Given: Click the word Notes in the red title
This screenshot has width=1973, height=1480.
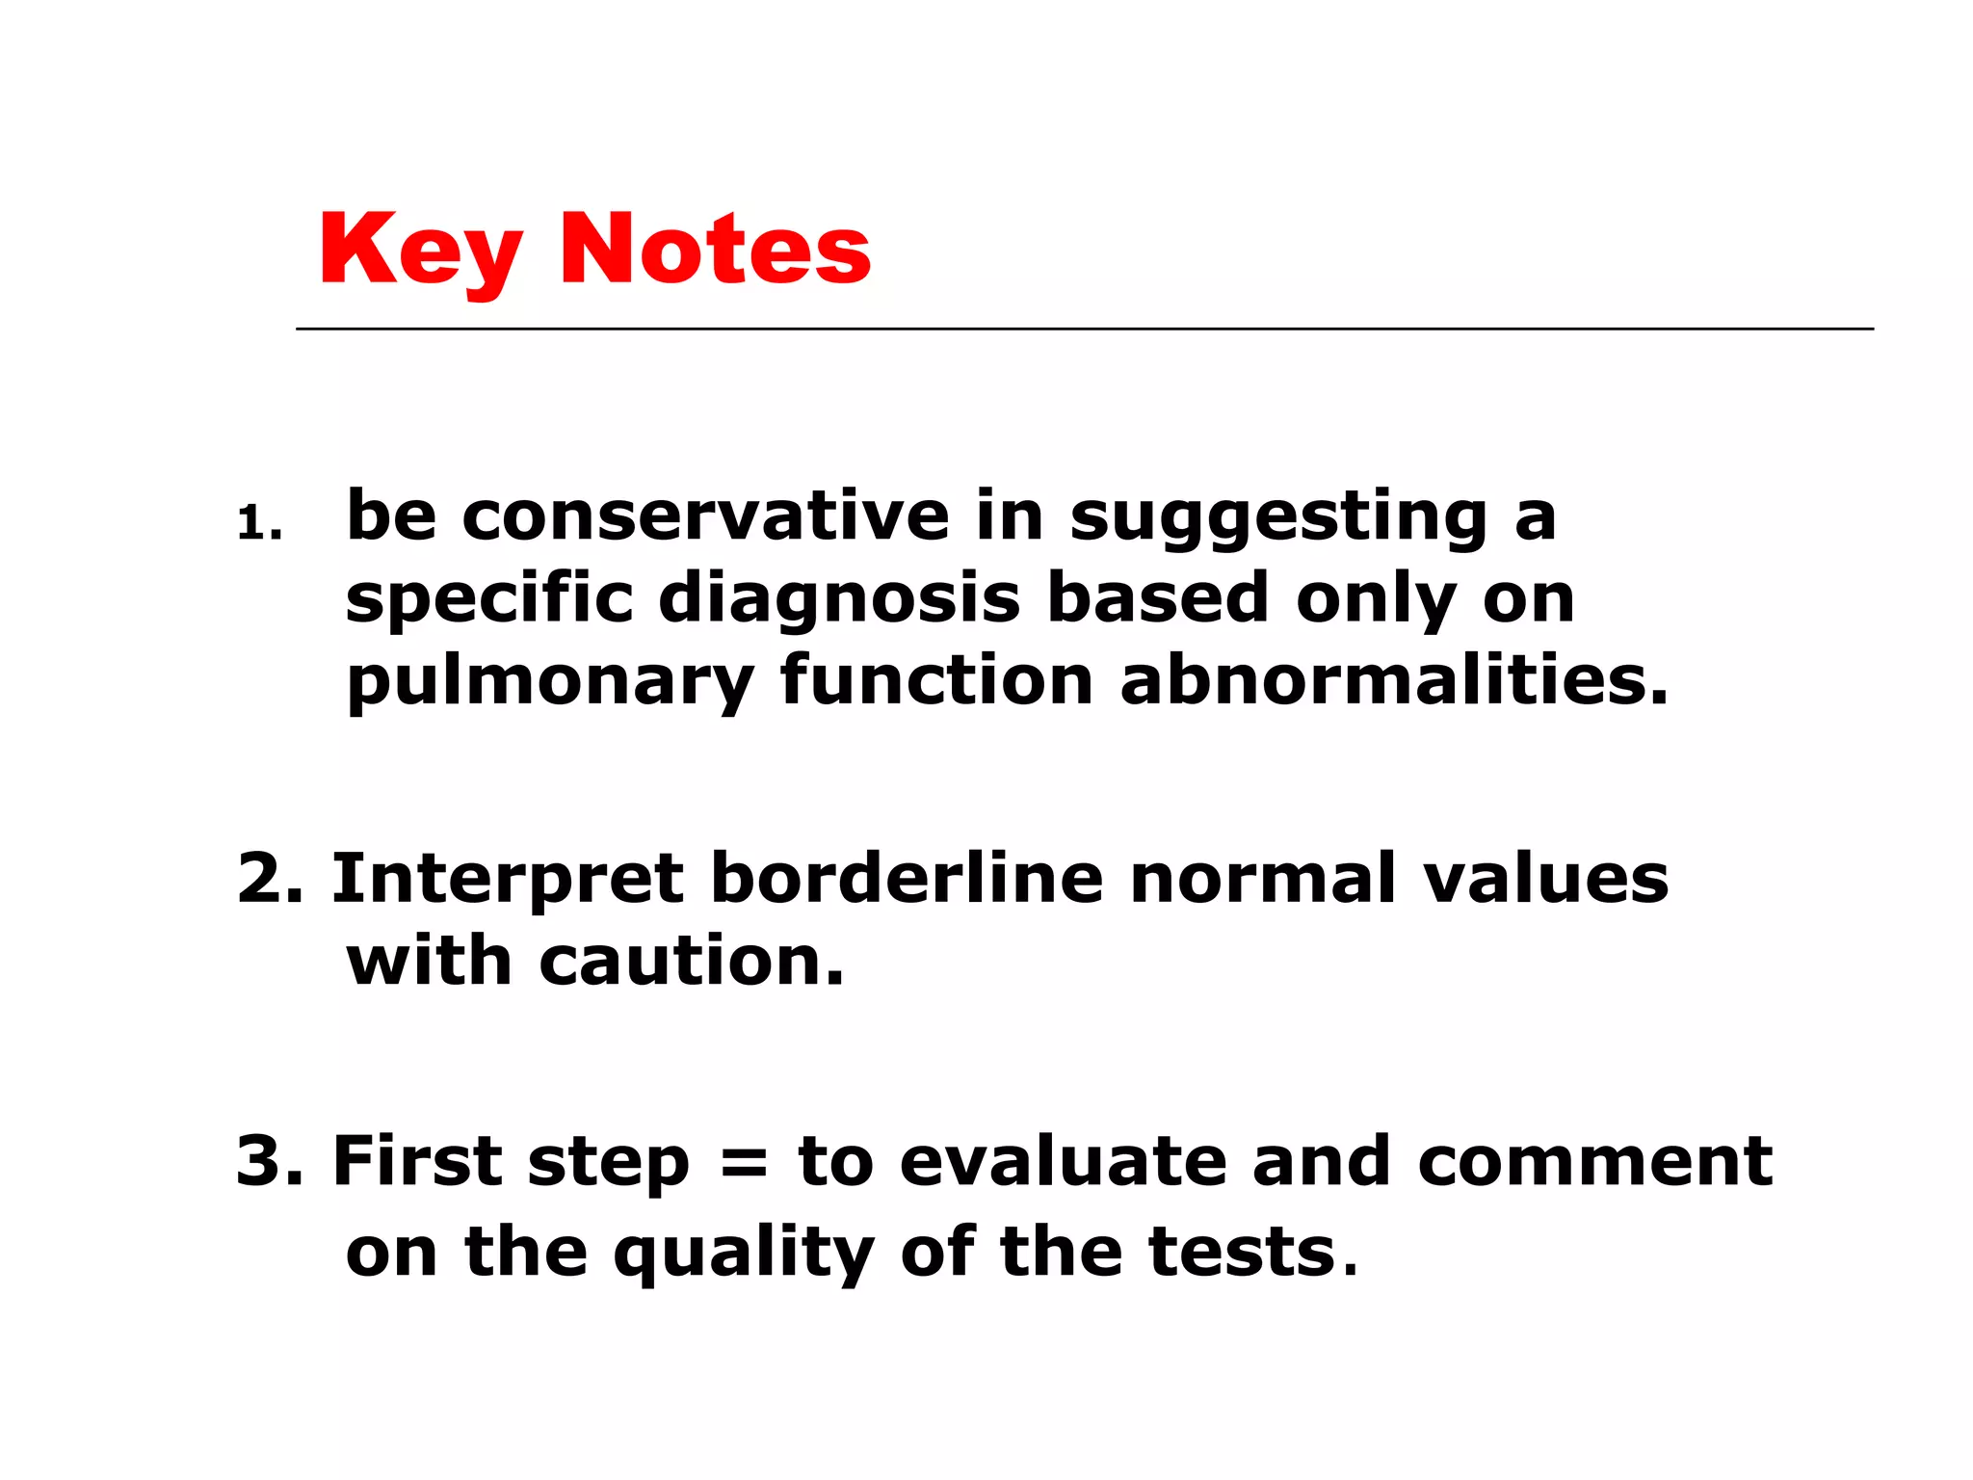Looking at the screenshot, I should click(715, 251).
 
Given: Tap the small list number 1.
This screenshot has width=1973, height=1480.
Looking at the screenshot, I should click(255, 525).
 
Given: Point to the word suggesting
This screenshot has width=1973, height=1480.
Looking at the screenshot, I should click(1278, 518).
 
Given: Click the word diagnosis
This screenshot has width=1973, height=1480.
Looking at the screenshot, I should click(839, 599).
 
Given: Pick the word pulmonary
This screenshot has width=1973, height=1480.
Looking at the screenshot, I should click(550, 682).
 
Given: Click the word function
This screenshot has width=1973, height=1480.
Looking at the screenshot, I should click(936, 680).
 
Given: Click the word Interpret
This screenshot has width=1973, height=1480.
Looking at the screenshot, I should click(508, 881).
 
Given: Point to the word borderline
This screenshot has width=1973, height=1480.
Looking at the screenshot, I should click(907, 879).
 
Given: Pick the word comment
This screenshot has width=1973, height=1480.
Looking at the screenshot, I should click(1594, 1161).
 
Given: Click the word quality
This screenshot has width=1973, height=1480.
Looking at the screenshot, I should click(744, 1253).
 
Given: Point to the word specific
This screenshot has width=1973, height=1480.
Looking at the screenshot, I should click(489, 599).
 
